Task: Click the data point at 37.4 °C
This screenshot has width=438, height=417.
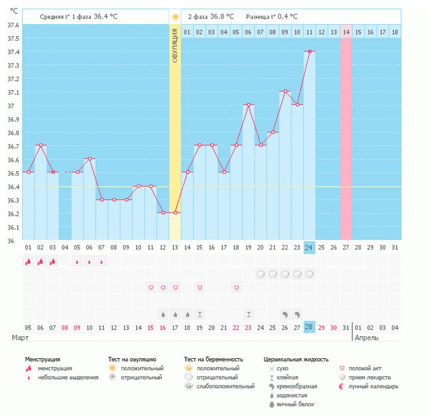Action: coord(310,51)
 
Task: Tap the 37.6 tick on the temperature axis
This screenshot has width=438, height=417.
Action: coord(13,25)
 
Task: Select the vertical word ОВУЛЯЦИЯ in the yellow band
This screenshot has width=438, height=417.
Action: coord(175,45)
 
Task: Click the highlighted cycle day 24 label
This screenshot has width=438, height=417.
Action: coord(309,247)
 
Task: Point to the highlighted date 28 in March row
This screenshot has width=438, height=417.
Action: coord(309,327)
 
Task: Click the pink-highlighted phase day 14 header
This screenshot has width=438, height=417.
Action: coord(346,32)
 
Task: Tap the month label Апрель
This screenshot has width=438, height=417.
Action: coord(366,337)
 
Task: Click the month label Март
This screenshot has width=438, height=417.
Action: coord(20,337)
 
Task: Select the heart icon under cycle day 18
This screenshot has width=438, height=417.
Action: coord(236,287)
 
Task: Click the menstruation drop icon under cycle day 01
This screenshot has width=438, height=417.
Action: coord(28,261)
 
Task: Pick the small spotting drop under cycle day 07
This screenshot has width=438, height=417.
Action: coord(102,262)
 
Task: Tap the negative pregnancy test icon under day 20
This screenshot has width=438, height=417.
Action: coord(261,275)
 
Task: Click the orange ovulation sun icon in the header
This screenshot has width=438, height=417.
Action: coord(175,17)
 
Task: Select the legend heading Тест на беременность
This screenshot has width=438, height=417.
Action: coord(213,360)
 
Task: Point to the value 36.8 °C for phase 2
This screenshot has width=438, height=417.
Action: coord(222,17)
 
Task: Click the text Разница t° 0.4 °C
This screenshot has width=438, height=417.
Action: coord(271,17)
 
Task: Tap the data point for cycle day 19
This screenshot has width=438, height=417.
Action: coord(248,105)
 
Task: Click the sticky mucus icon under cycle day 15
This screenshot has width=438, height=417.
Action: coord(200,315)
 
